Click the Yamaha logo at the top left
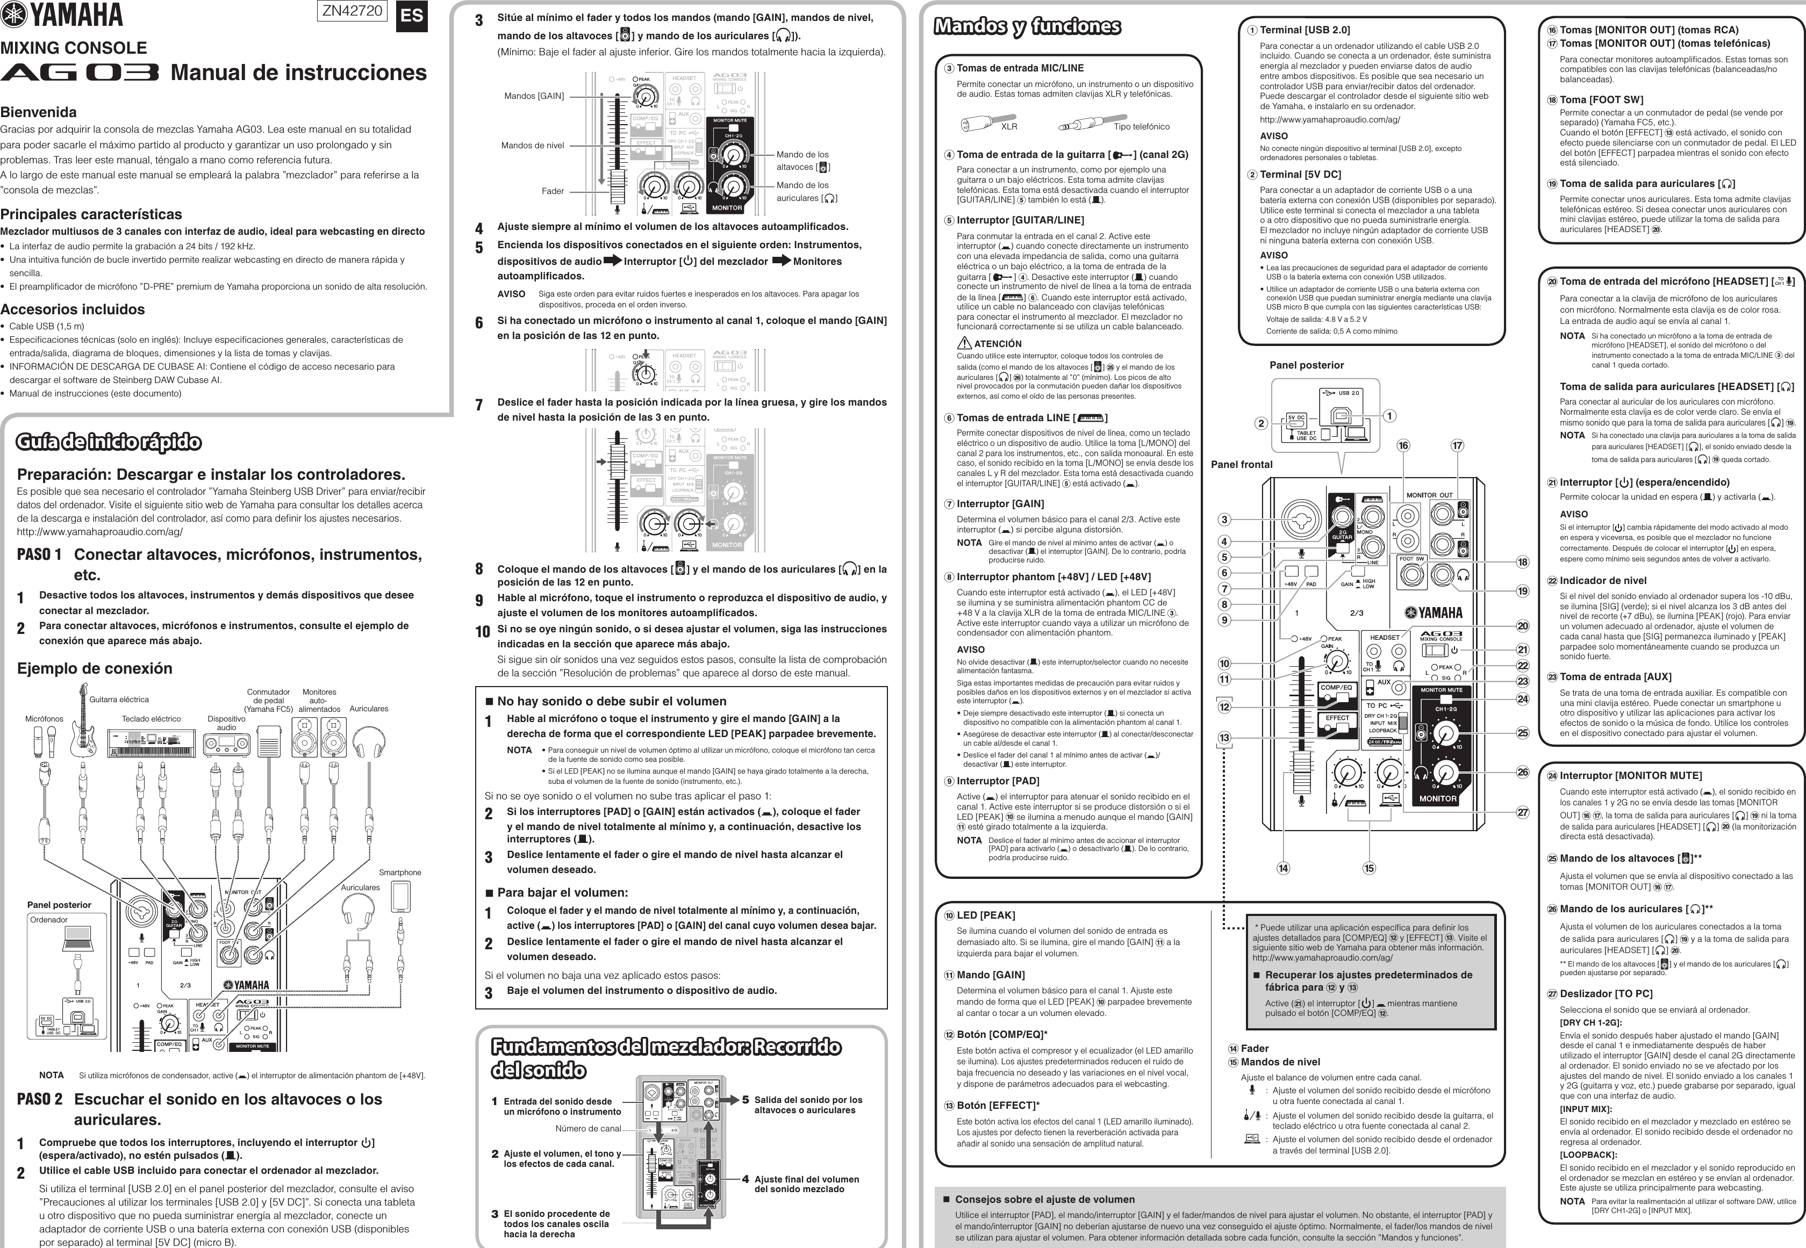pos(62,15)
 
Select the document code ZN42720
pos(352,11)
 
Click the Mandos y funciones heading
pos(1027,26)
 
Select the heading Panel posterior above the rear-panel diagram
pos(1306,365)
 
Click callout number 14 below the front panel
pos(1282,868)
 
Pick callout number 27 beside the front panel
pos(1522,812)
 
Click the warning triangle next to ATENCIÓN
pos(964,343)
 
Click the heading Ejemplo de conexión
pos(95,668)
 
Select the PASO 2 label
pos(39,1099)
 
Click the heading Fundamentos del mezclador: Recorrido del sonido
pos(665,1058)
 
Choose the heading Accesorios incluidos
pos(73,309)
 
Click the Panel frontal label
pos(1241,465)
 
